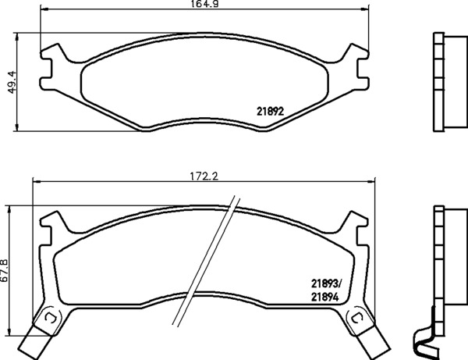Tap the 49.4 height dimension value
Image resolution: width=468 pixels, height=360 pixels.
[x=12, y=81]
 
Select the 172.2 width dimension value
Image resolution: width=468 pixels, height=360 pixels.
[x=204, y=176]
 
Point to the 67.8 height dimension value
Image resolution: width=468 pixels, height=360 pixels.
[x=5, y=270]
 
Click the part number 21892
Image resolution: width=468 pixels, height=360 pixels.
[x=270, y=112]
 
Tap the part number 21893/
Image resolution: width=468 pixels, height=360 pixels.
[x=326, y=283]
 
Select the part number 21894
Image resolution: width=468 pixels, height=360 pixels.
[x=324, y=298]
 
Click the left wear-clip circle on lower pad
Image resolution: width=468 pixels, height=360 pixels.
[x=50, y=319]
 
